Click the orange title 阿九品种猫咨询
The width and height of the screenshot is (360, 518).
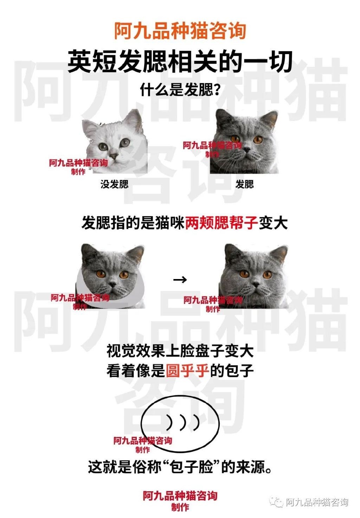tap(180, 31)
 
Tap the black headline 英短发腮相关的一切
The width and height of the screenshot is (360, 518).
tap(180, 61)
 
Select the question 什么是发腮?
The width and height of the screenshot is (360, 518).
tap(180, 90)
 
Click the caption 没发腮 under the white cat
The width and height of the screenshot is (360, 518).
tap(114, 184)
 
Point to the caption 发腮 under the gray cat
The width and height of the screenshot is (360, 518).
tap(245, 184)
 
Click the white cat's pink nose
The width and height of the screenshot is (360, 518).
tap(114, 156)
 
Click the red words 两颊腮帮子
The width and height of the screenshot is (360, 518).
tap(221, 223)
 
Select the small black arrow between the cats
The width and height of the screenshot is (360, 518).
tap(180, 280)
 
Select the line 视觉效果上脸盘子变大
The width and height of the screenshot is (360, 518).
tap(180, 351)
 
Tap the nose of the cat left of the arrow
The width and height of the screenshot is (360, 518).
tap(112, 284)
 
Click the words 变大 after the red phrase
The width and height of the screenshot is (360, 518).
tap(273, 223)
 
